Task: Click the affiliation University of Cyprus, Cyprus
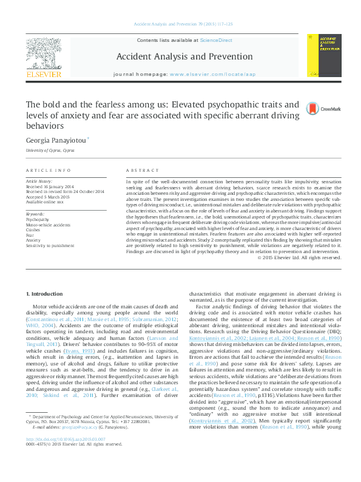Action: [x=50, y=150]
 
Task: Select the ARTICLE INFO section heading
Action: [x=48, y=171]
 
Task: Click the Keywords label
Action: [x=35, y=215]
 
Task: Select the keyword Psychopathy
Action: [x=38, y=220]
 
